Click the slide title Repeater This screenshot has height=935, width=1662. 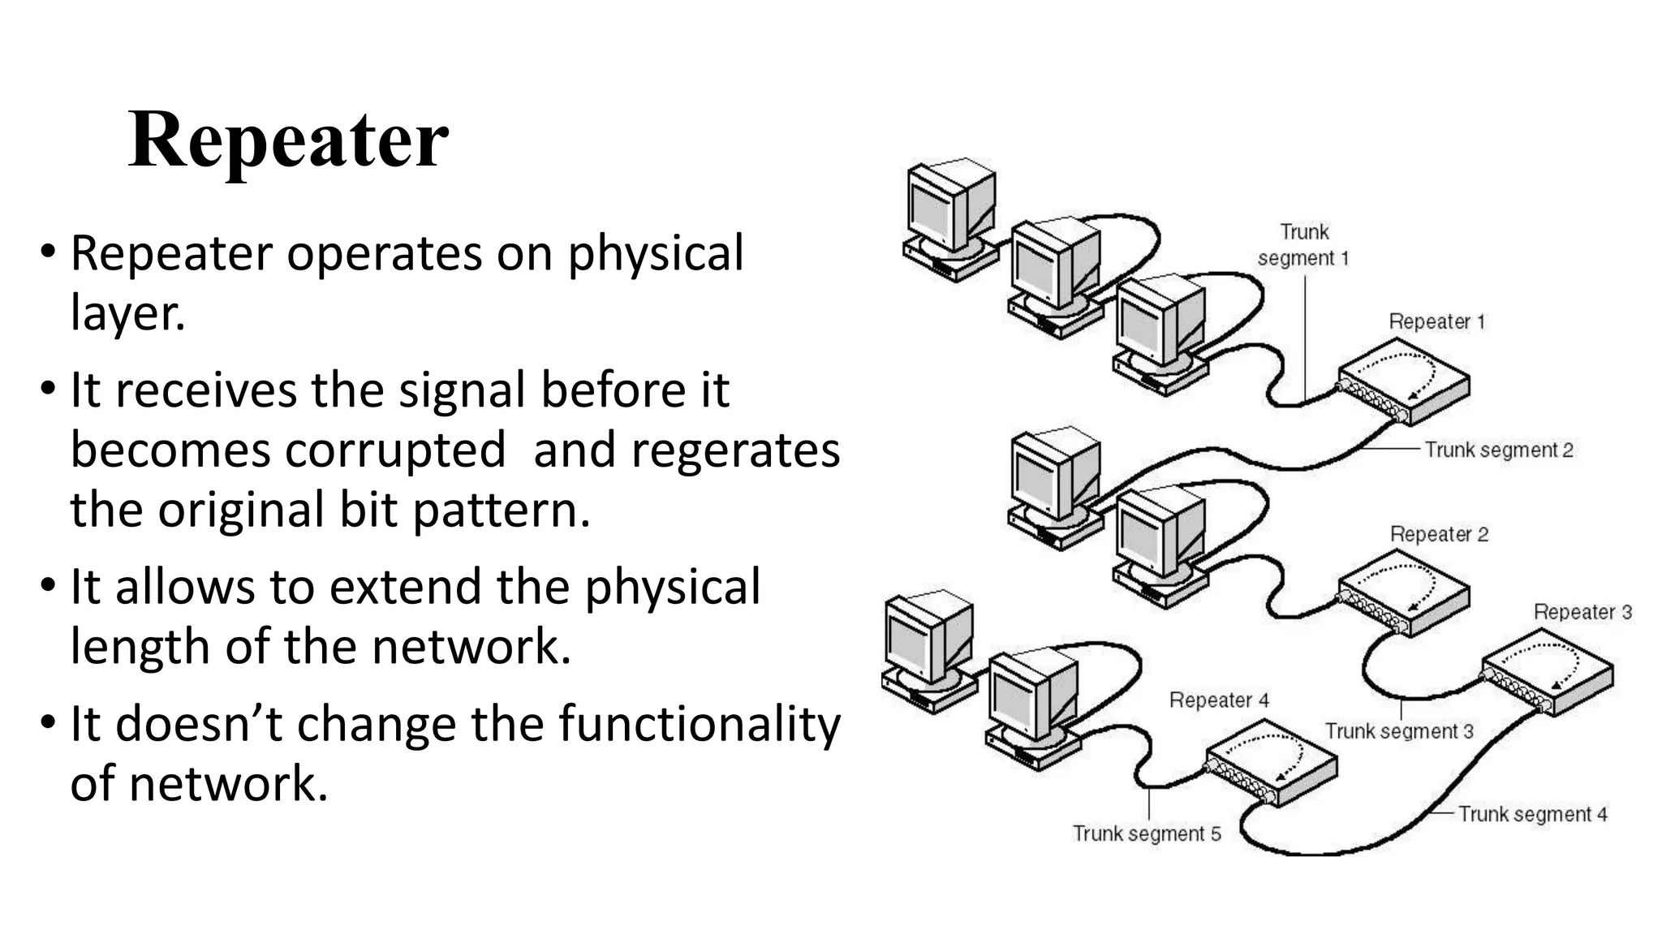pyautogui.click(x=288, y=140)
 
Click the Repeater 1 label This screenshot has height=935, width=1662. pyautogui.click(x=1436, y=321)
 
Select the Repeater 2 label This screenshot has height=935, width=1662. pyautogui.click(x=1439, y=534)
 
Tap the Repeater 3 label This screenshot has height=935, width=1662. pyautogui.click(x=1582, y=612)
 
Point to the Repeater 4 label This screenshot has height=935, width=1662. pyautogui.click(x=1218, y=700)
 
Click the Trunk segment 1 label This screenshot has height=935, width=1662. pyautogui.click(x=1303, y=245)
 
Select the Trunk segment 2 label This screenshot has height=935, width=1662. pyautogui.click(x=1498, y=450)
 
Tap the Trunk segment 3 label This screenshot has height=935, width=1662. pyautogui.click(x=1398, y=730)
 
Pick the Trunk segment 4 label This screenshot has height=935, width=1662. pyautogui.click(x=1532, y=814)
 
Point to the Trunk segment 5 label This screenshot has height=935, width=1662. pyautogui.click(x=1146, y=834)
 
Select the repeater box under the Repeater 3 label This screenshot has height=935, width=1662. pyautogui.click(x=1548, y=674)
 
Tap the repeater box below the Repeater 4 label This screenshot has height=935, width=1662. pyautogui.click(x=1271, y=766)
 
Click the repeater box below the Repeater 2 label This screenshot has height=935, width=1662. pyautogui.click(x=1404, y=592)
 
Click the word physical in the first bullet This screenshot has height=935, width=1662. pyautogui.click(x=654, y=254)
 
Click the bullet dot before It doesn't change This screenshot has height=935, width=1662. pyautogui.click(x=48, y=722)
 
